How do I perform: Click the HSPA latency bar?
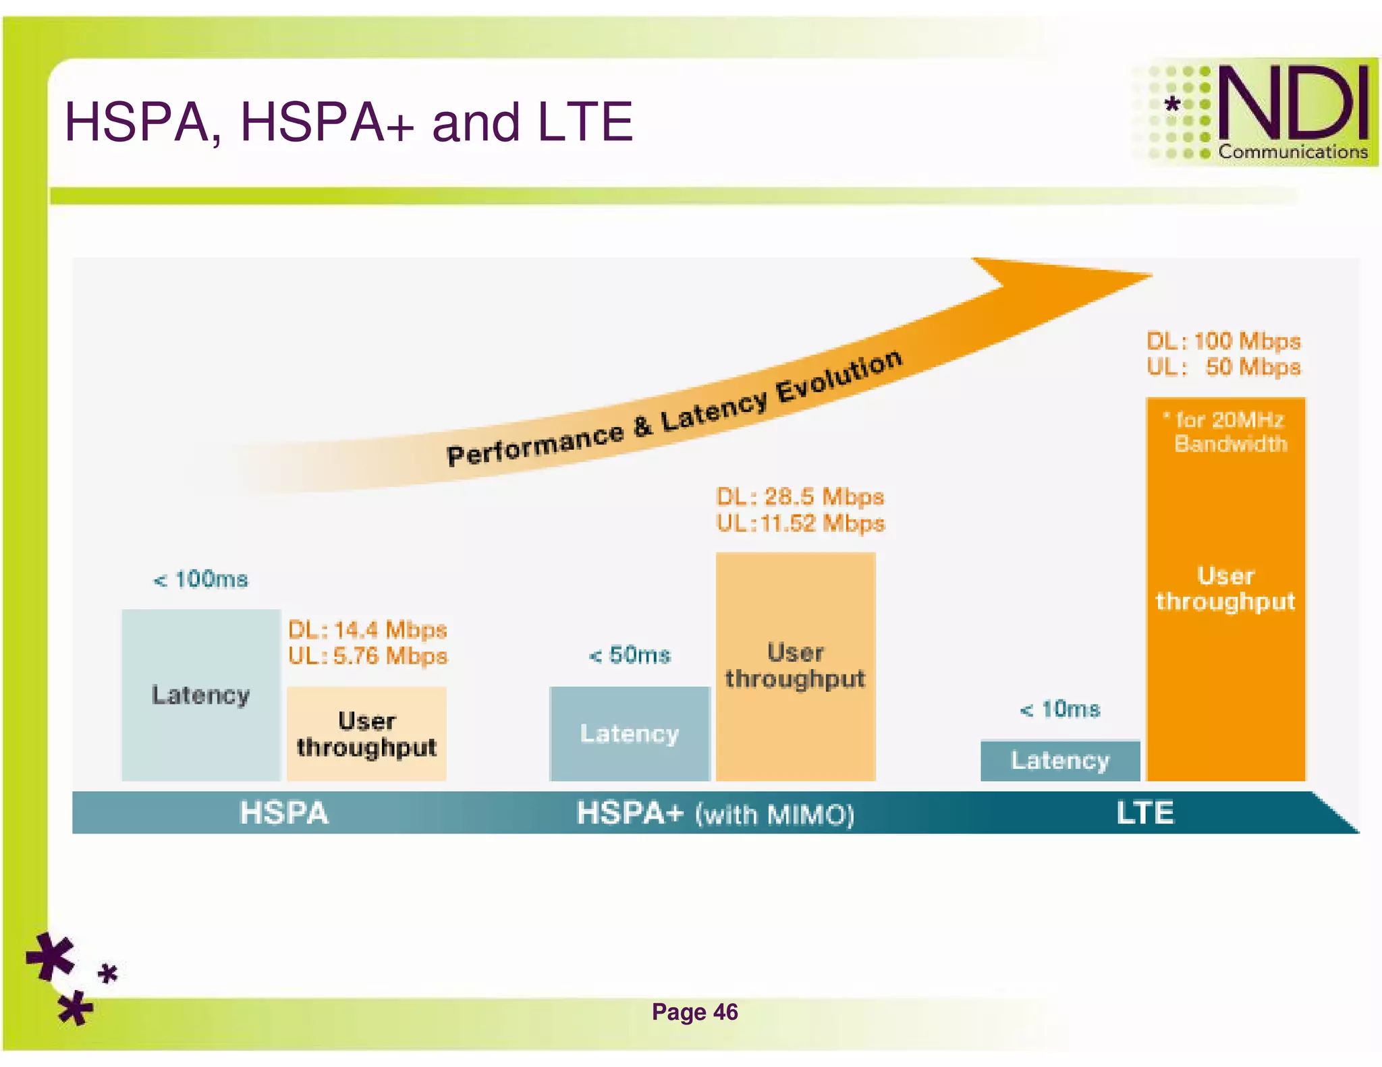pos(200,695)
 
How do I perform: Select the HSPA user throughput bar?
pos(366,734)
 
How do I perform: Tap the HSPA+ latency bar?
pos(630,734)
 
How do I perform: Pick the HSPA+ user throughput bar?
pos(796,666)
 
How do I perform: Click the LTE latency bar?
pos(1059,761)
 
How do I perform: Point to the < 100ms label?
pos(201,579)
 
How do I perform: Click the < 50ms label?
pos(630,655)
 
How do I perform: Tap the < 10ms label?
pos(1060,710)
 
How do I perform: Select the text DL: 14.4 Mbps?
pos(368,630)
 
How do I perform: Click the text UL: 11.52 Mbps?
pos(800,523)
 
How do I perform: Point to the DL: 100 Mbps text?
pos(1223,341)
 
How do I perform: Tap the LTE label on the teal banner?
pos(1145,813)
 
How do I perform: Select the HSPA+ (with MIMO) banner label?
pos(715,813)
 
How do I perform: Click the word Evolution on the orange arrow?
pos(839,378)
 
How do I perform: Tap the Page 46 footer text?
pos(694,1012)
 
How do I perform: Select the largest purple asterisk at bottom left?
pos(51,956)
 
